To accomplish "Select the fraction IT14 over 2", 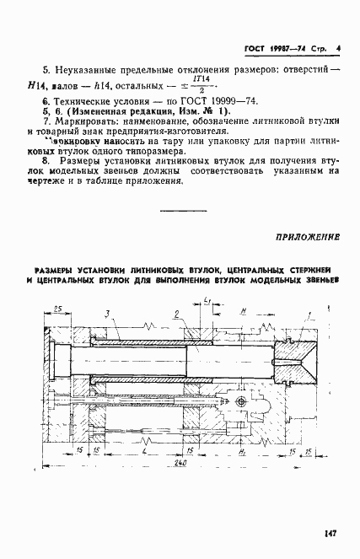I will pos(201,83).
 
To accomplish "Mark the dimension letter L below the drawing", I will pos(146,450).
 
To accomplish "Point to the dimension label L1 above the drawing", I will pos(207,302).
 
